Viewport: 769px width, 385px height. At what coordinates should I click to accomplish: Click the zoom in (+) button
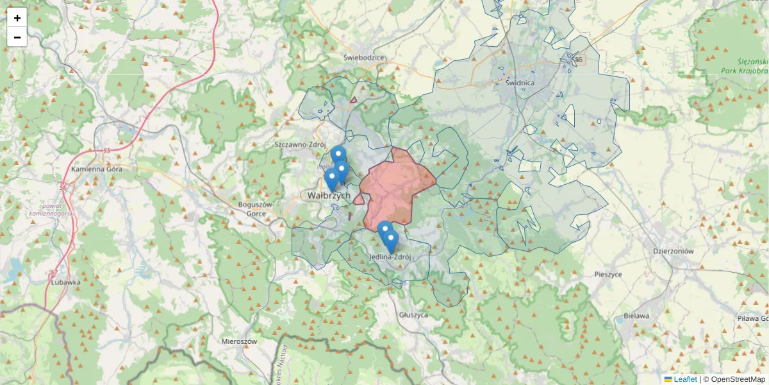point(17,18)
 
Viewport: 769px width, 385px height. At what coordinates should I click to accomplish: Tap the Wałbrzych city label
point(329,195)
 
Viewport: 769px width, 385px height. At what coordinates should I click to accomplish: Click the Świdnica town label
point(520,83)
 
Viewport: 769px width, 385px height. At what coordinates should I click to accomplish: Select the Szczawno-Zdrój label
point(301,144)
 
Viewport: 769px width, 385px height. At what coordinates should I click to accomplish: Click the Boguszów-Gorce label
point(256,209)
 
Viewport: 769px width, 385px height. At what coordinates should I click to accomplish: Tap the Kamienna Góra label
point(97,169)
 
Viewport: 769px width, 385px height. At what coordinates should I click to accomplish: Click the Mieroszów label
point(238,341)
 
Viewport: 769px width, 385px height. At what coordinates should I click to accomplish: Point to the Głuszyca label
point(413,315)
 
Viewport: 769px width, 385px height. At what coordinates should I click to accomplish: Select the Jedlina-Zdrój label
point(390,257)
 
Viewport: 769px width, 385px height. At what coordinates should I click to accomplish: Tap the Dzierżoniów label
point(673,252)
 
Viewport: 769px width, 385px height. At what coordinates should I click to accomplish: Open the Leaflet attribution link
point(685,379)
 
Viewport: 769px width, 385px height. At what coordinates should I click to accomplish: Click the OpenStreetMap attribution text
point(737,379)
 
